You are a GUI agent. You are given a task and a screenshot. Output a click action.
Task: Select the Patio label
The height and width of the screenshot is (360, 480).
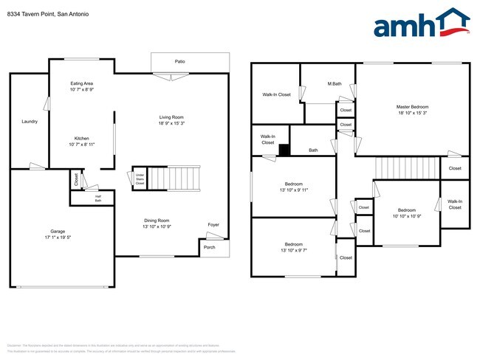[x=179, y=61]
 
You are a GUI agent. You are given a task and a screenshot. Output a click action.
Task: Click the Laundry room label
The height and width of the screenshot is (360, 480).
[x=30, y=121]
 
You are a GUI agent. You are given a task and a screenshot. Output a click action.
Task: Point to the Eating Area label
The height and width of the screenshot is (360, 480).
[x=81, y=83]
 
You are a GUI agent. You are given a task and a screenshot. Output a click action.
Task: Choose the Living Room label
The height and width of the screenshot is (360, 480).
[x=171, y=117]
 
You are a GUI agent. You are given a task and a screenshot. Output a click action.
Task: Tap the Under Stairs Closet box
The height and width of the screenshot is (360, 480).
[x=139, y=178]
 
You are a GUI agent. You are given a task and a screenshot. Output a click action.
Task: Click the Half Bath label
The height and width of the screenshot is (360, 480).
[x=97, y=198]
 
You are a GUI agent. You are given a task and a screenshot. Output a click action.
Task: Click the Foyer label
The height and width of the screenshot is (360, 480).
[x=213, y=224]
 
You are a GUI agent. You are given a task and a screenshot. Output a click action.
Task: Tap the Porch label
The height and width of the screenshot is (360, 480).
[x=210, y=248]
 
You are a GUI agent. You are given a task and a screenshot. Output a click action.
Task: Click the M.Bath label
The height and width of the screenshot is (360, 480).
[x=335, y=83]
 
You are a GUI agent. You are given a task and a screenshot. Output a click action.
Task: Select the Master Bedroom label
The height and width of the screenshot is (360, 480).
[x=412, y=107]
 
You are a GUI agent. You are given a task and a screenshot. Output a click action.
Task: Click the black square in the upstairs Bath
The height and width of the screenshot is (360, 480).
[x=285, y=149]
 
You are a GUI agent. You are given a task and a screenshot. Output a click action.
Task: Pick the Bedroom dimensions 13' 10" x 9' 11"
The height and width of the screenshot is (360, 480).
[x=294, y=190]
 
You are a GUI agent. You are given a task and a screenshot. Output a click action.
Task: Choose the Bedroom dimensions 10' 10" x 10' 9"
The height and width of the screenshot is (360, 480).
[x=407, y=216]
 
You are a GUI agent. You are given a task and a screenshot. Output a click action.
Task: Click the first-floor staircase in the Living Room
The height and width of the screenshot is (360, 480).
[x=182, y=178]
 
